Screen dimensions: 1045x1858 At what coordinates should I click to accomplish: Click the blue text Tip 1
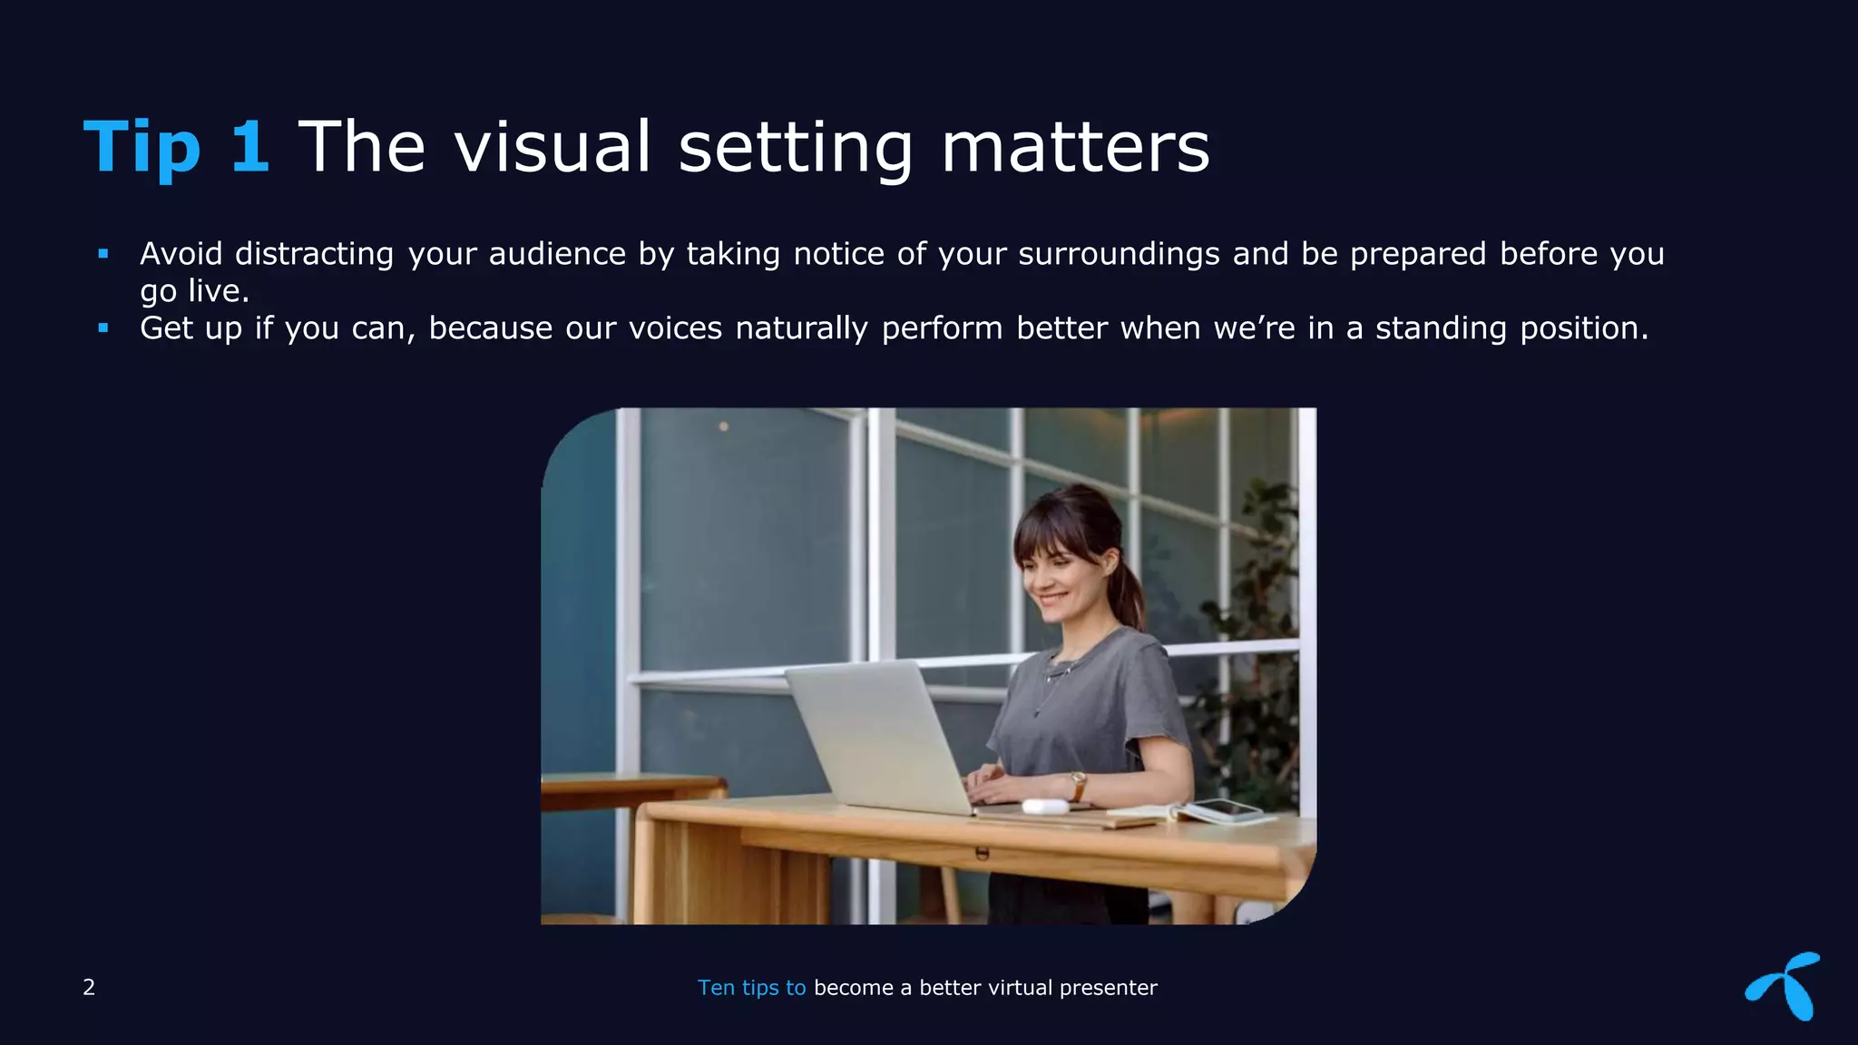coord(176,147)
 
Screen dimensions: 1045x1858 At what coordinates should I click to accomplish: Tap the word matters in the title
coord(1075,147)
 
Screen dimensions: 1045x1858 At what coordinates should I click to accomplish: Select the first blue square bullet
coord(103,254)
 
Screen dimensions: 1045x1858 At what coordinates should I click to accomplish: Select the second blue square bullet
coord(103,328)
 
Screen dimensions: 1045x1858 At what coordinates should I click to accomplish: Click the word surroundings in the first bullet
coord(1119,254)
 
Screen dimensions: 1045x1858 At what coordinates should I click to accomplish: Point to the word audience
coord(557,254)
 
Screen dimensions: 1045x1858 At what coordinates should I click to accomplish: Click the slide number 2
coord(89,987)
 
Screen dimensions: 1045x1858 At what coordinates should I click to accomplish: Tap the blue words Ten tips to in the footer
coord(751,988)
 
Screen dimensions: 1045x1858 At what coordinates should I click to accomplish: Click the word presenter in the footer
coord(1108,988)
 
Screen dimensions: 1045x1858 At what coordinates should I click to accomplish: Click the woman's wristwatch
coord(1078,781)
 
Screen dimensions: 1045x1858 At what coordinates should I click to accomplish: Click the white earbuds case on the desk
coord(1043,806)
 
